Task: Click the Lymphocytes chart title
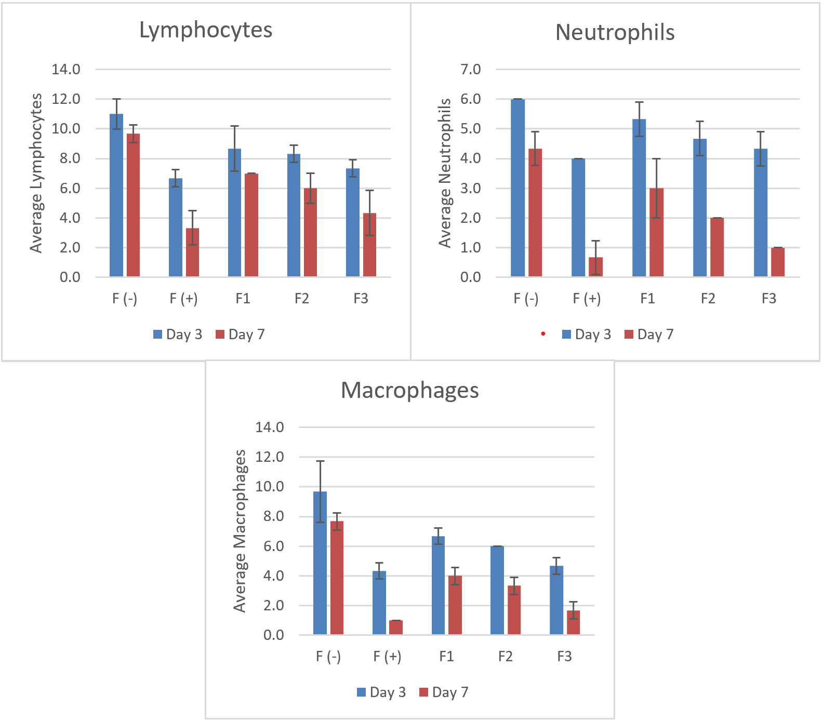tap(206, 30)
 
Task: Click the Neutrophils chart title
tap(615, 32)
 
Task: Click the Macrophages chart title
tap(409, 390)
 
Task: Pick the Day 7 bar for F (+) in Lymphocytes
tap(192, 252)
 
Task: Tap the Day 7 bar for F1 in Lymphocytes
tap(251, 225)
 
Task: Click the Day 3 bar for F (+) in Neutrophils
tap(578, 218)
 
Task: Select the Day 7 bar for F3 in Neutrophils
tap(778, 262)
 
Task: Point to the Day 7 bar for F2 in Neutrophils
tap(717, 247)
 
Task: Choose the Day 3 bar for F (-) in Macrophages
tap(320, 563)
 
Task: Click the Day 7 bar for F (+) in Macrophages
tap(396, 627)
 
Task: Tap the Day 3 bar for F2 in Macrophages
tap(497, 591)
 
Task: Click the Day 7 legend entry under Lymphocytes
tap(240, 335)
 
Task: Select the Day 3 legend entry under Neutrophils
tap(587, 335)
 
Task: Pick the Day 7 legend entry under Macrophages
tap(444, 692)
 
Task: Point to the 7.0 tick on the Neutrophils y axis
tap(471, 69)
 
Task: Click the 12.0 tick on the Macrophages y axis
tap(270, 457)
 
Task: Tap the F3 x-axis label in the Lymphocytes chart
tap(361, 299)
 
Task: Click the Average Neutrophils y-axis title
tap(445, 173)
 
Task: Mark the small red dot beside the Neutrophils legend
tap(543, 333)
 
